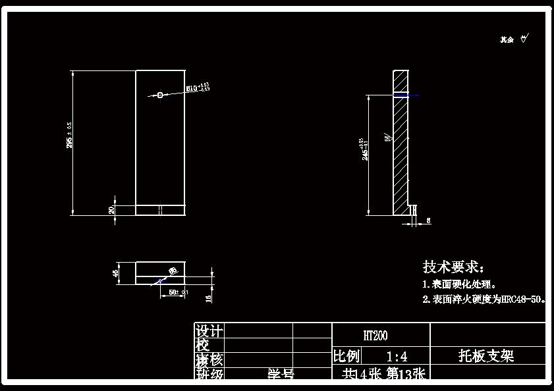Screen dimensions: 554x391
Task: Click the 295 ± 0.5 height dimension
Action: point(69,134)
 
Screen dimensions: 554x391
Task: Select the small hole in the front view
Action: point(160,95)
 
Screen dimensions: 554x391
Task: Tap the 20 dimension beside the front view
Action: point(111,210)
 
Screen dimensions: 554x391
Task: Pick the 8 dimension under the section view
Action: point(428,221)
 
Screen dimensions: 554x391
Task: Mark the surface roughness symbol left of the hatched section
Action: point(388,138)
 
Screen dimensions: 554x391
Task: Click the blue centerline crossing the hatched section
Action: point(406,96)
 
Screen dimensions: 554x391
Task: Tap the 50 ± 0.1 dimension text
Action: point(178,291)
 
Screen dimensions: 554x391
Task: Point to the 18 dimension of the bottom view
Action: point(209,298)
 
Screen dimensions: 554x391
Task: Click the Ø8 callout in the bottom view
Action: point(173,271)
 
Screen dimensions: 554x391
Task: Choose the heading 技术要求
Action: point(453,267)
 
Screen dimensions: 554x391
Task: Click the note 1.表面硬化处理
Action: point(460,284)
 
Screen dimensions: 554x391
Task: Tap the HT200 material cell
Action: point(375,336)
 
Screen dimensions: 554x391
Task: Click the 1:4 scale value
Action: point(397,357)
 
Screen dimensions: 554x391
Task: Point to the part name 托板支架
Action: point(486,356)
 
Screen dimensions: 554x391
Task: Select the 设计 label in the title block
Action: point(209,330)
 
